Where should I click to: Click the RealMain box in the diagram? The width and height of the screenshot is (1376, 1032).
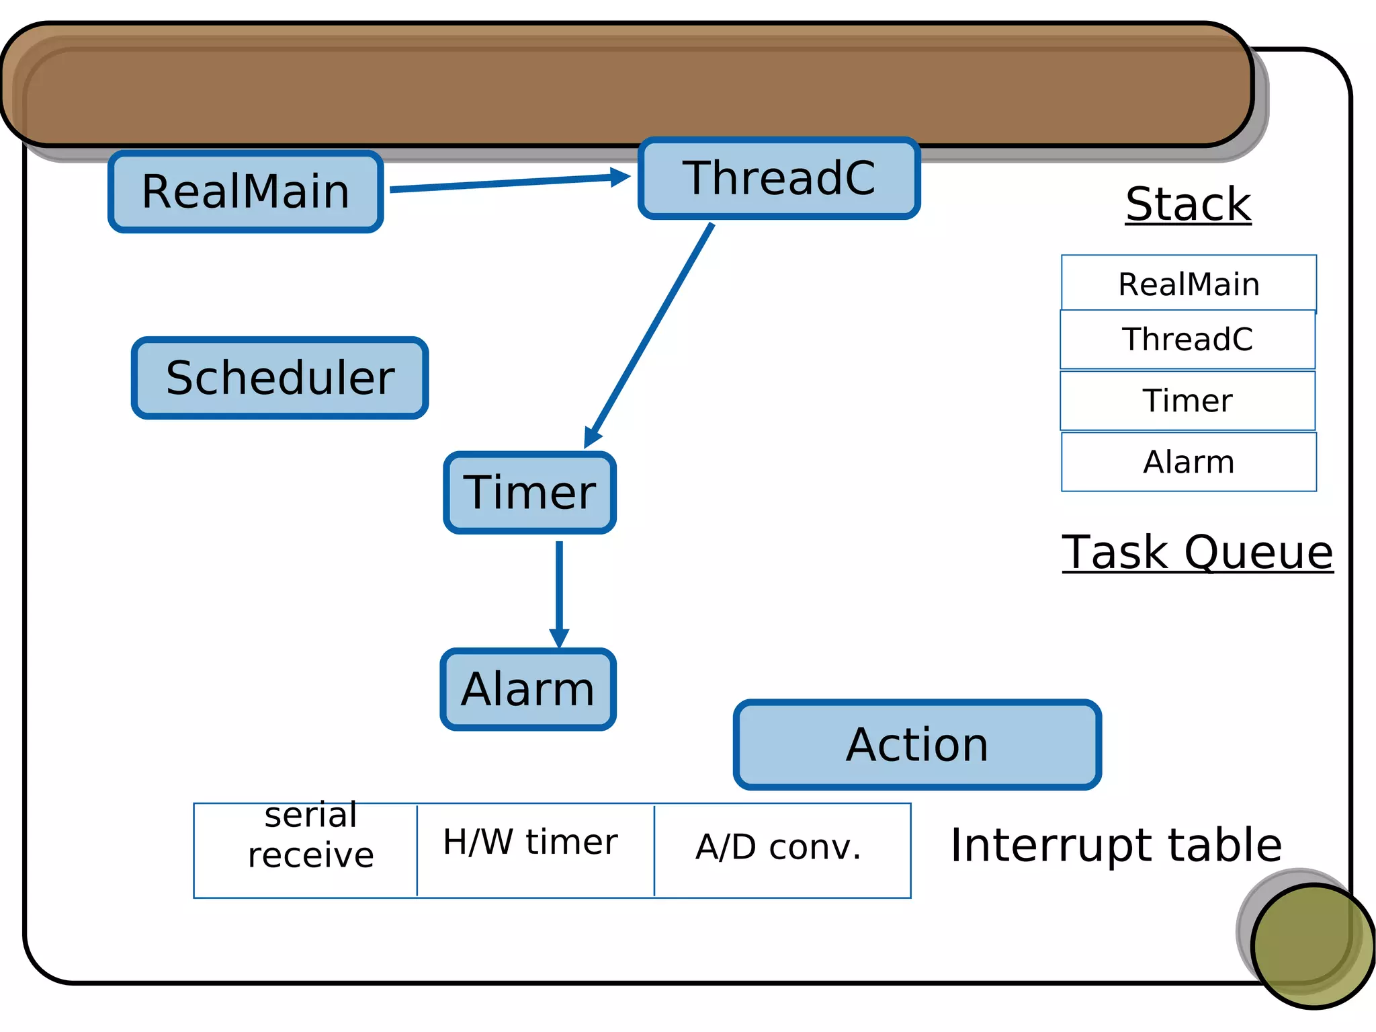(x=246, y=192)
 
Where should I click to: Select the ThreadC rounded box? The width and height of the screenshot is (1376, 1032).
(x=779, y=178)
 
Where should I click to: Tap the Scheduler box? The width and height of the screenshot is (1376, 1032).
(x=279, y=378)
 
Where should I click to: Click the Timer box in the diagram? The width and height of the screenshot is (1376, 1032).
(x=529, y=493)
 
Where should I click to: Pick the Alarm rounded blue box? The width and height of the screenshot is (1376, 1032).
(x=528, y=689)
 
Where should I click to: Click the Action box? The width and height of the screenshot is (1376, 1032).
(x=917, y=745)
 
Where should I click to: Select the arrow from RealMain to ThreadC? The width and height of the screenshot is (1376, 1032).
(x=509, y=183)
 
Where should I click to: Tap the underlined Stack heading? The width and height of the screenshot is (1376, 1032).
(x=1188, y=204)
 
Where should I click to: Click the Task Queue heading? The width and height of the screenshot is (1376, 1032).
(x=1197, y=553)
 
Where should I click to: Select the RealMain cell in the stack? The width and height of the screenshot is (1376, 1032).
(x=1189, y=284)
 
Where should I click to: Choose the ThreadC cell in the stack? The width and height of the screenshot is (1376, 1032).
(x=1187, y=340)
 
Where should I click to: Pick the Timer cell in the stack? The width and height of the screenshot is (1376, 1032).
(x=1187, y=401)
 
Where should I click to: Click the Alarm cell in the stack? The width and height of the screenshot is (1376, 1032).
(x=1189, y=462)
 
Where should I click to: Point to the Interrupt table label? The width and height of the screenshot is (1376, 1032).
(x=1116, y=845)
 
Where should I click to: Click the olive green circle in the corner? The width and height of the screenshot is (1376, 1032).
(x=1312, y=945)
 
